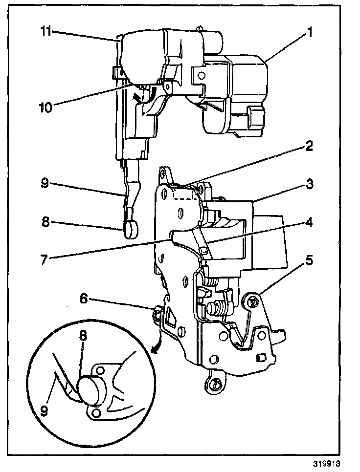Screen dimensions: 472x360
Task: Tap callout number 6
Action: click(x=85, y=298)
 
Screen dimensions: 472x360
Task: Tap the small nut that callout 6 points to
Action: click(x=158, y=311)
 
